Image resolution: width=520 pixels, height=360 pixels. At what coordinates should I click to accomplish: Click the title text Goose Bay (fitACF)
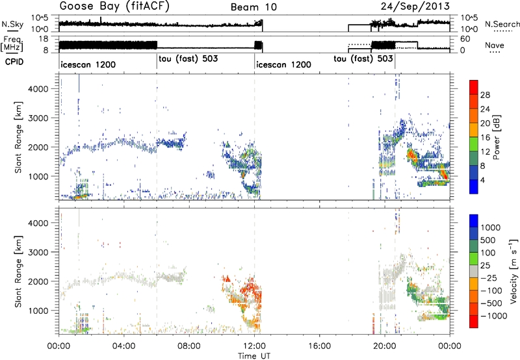[114, 6]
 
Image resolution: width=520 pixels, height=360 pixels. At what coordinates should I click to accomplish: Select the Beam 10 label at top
[253, 7]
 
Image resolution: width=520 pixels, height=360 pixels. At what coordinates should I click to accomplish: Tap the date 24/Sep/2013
[415, 6]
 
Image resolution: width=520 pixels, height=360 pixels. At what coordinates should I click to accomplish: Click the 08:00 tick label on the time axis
[189, 346]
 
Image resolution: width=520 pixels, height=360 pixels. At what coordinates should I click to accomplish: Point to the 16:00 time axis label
[319, 346]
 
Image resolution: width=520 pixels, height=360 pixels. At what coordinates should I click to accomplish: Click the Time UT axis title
[254, 356]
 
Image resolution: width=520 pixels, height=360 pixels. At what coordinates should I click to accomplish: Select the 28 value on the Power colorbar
[485, 95]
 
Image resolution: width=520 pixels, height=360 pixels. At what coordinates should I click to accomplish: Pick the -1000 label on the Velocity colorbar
[494, 316]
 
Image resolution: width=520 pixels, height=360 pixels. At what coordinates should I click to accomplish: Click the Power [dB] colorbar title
[497, 137]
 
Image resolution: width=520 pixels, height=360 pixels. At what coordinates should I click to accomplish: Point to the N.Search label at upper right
[502, 24]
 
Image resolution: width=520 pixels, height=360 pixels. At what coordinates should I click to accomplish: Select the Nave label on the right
[495, 45]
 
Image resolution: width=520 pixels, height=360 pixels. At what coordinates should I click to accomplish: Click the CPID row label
[14, 62]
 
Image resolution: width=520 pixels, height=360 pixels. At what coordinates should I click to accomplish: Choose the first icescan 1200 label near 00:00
[88, 64]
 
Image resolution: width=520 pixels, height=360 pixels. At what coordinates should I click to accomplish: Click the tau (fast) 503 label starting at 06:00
[188, 58]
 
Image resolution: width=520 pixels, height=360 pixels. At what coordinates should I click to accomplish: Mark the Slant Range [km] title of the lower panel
[19, 272]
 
